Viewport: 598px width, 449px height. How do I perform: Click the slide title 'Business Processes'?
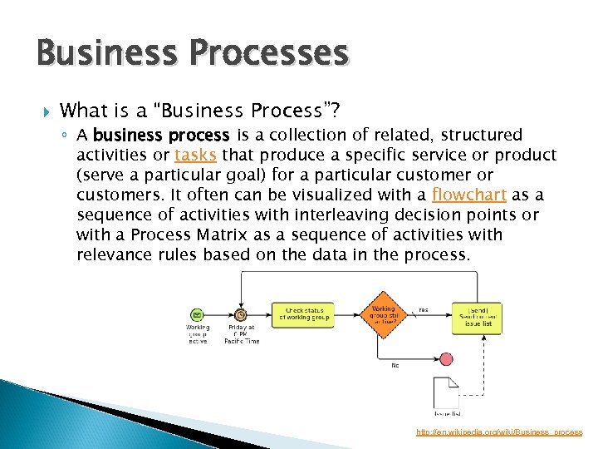tap(192, 53)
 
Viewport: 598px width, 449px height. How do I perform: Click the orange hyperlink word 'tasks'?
tap(196, 155)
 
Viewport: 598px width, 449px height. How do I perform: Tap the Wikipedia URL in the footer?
tap(499, 432)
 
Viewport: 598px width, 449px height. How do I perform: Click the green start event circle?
tap(198, 314)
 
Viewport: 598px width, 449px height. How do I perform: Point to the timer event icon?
tap(241, 314)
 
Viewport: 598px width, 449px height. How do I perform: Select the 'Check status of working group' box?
tap(304, 313)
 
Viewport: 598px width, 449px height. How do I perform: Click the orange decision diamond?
tap(383, 313)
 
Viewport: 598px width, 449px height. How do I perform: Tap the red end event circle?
tap(446, 359)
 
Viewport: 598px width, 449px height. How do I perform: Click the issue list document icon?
tap(446, 392)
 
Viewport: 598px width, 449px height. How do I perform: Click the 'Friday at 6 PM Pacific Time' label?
tap(241, 335)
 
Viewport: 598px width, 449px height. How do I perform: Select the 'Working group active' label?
tap(198, 334)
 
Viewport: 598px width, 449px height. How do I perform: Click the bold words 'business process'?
tap(161, 136)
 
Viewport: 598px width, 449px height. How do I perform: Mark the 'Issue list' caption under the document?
tap(447, 413)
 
